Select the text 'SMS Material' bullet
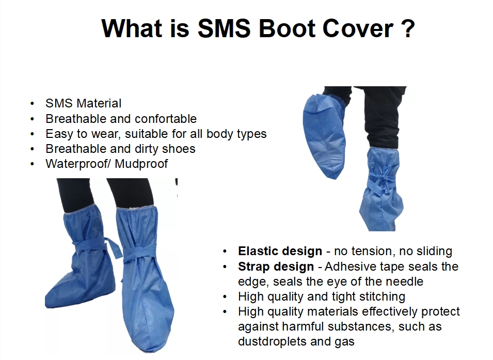point(83,103)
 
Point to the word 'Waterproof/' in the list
point(77,164)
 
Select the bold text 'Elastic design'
point(280,252)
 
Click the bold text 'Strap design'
point(276,267)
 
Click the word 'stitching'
point(380,297)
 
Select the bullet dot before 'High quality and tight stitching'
point(225,297)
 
